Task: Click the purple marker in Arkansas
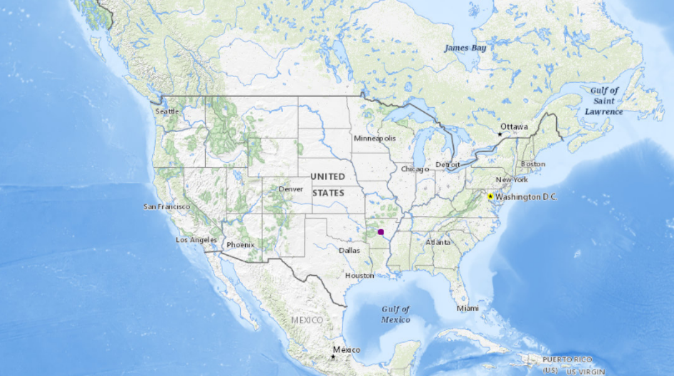tap(381, 232)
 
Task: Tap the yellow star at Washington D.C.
tap(490, 196)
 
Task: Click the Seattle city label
tap(167, 112)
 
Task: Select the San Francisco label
tap(167, 206)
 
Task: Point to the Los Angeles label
tap(196, 239)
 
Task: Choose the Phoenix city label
tap(240, 245)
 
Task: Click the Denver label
tap(291, 189)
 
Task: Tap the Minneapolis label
tap(375, 138)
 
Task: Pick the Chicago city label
tap(414, 169)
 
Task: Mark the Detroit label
tap(448, 165)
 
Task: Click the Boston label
tap(533, 164)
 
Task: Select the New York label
tap(512, 180)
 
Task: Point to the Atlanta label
tap(438, 242)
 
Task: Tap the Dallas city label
tap(349, 251)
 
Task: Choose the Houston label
tap(359, 276)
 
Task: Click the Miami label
tap(467, 308)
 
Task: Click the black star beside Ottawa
tap(500, 134)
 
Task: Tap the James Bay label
tap(465, 48)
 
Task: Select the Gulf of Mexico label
tap(396, 314)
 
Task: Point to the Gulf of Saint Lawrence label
tap(604, 101)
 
